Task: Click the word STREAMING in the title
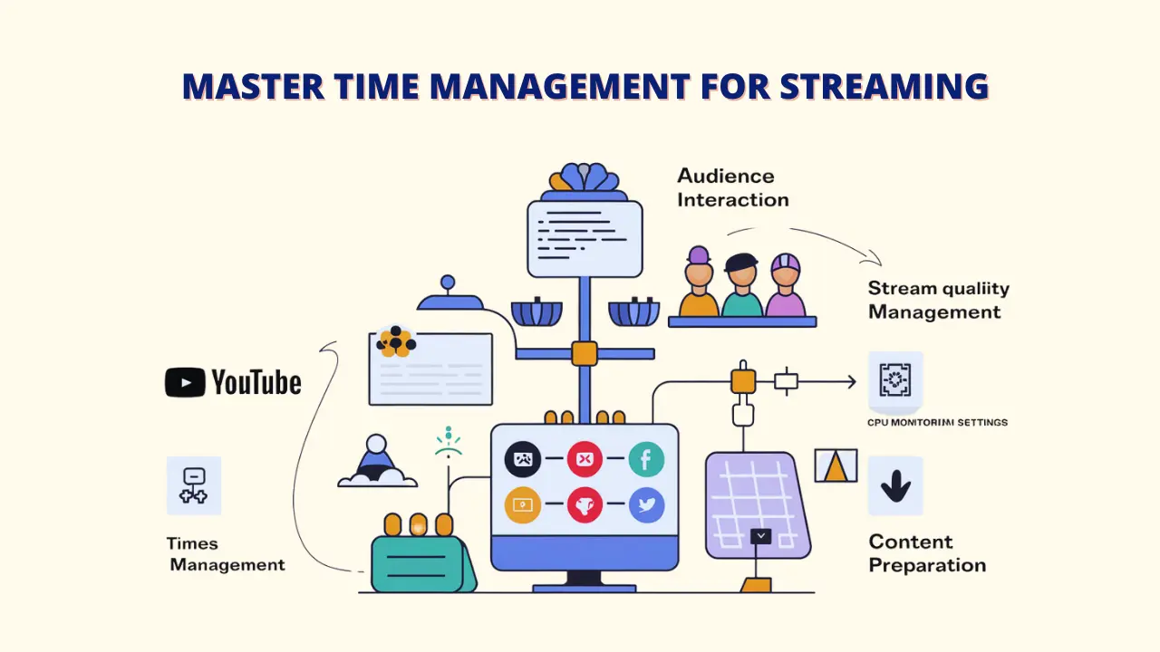click(884, 86)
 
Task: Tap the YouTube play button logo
click(185, 382)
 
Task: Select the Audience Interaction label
click(732, 187)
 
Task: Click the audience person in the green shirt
click(742, 288)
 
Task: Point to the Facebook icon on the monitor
click(646, 460)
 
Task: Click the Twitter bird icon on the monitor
click(646, 505)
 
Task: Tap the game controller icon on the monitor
click(523, 460)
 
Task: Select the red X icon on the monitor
click(585, 460)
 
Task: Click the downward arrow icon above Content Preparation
click(895, 486)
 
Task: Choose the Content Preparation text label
click(926, 553)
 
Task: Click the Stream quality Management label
click(937, 300)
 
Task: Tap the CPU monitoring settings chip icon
click(895, 379)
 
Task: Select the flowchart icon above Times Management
click(194, 485)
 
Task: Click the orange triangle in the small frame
click(836, 466)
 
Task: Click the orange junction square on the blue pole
click(585, 353)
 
